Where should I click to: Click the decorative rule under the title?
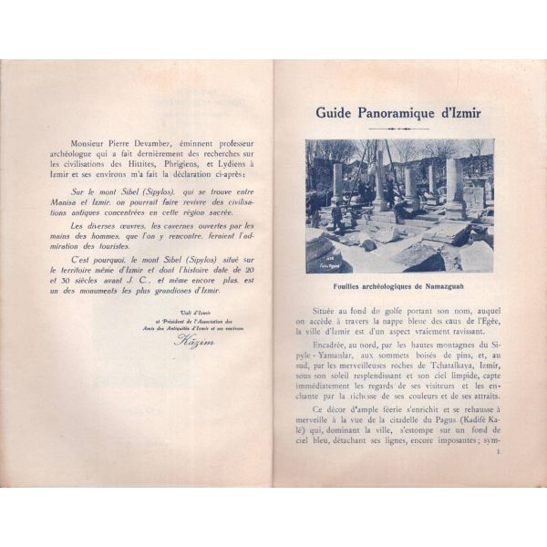pyautogui.click(x=399, y=129)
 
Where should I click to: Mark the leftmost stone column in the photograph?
pyautogui.click(x=336, y=186)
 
